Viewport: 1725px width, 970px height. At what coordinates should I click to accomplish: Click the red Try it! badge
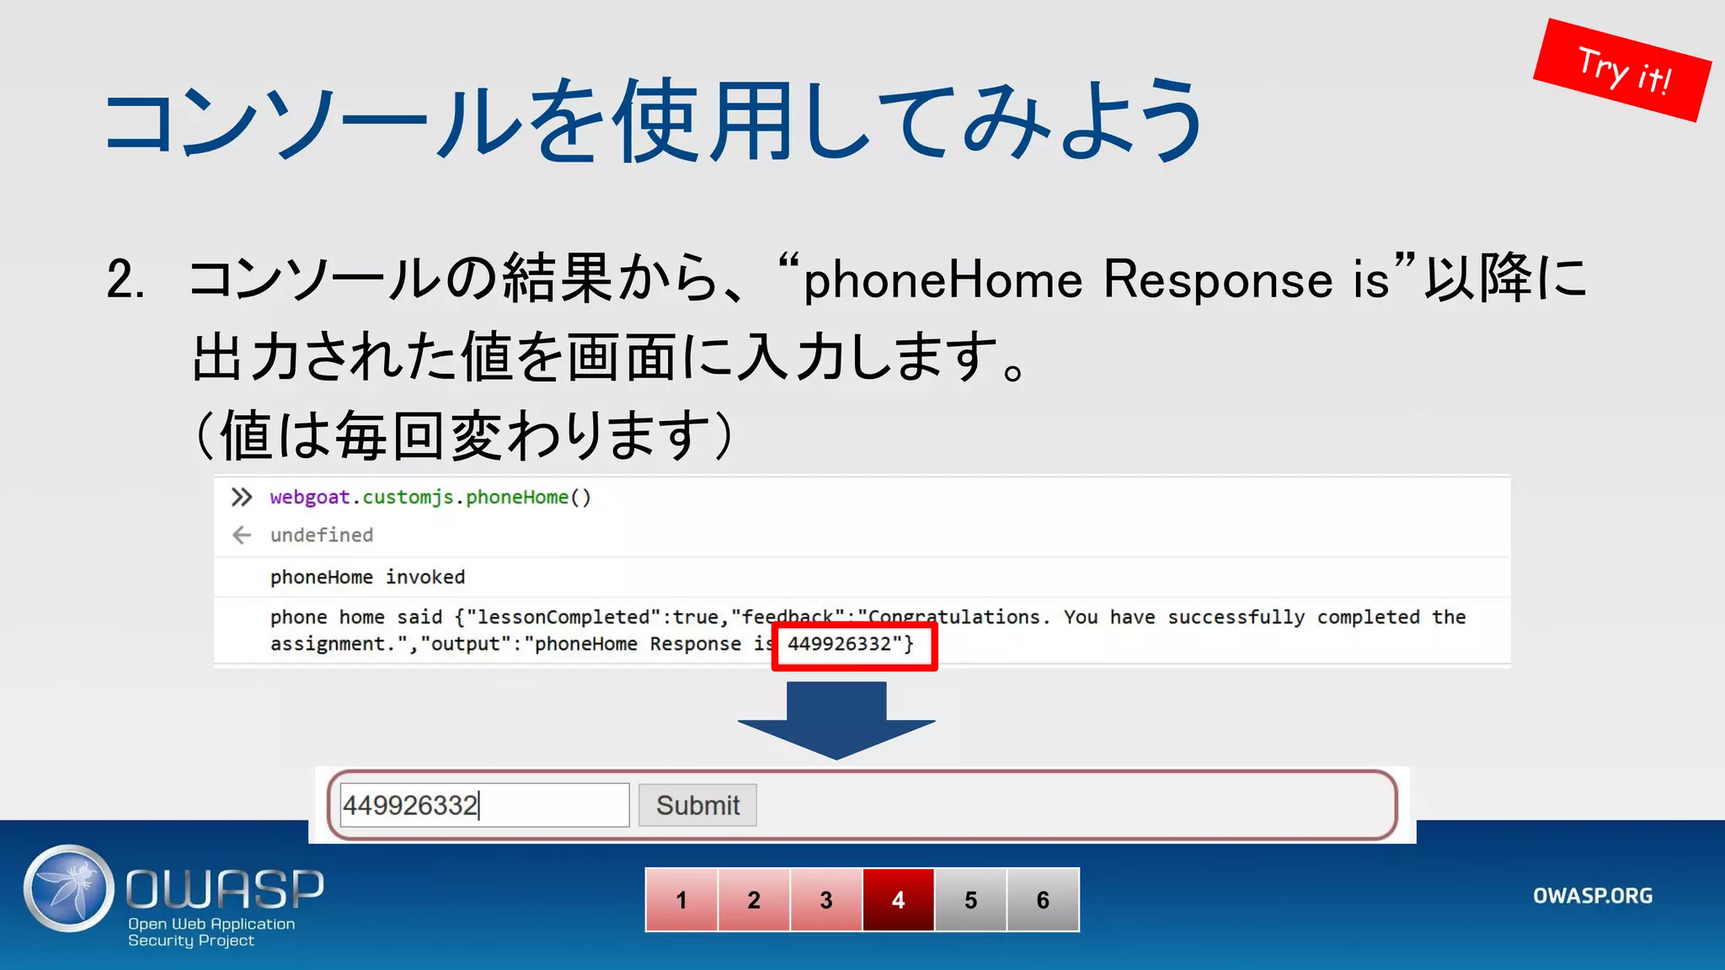[x=1621, y=70]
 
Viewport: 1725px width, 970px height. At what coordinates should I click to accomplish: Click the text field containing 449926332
[x=483, y=805]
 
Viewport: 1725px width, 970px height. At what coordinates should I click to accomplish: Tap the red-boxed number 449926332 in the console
[x=845, y=644]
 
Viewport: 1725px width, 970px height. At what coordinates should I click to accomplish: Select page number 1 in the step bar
[x=681, y=900]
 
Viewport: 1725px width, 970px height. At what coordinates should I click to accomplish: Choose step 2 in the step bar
[x=754, y=900]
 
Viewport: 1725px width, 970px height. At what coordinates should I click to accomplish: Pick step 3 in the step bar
[x=826, y=900]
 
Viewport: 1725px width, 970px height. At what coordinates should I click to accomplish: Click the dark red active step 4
[x=899, y=900]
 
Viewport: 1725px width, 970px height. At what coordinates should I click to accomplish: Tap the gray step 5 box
[x=971, y=900]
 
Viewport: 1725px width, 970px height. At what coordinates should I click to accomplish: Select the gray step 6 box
[x=1043, y=900]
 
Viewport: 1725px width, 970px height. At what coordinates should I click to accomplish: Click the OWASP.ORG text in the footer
[x=1592, y=896]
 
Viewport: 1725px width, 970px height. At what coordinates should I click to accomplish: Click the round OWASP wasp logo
[x=69, y=888]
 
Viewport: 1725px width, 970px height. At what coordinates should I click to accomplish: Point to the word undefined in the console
[x=321, y=536]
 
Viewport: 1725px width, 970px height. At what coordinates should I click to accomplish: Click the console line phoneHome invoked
[x=367, y=578]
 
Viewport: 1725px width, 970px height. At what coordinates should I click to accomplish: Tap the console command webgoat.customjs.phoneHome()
[x=430, y=498]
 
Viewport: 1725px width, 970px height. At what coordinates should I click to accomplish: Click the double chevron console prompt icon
[x=242, y=498]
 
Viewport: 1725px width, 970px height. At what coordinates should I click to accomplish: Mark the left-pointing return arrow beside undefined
[x=242, y=536]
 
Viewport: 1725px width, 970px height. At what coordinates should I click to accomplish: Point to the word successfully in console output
[x=1236, y=617]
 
